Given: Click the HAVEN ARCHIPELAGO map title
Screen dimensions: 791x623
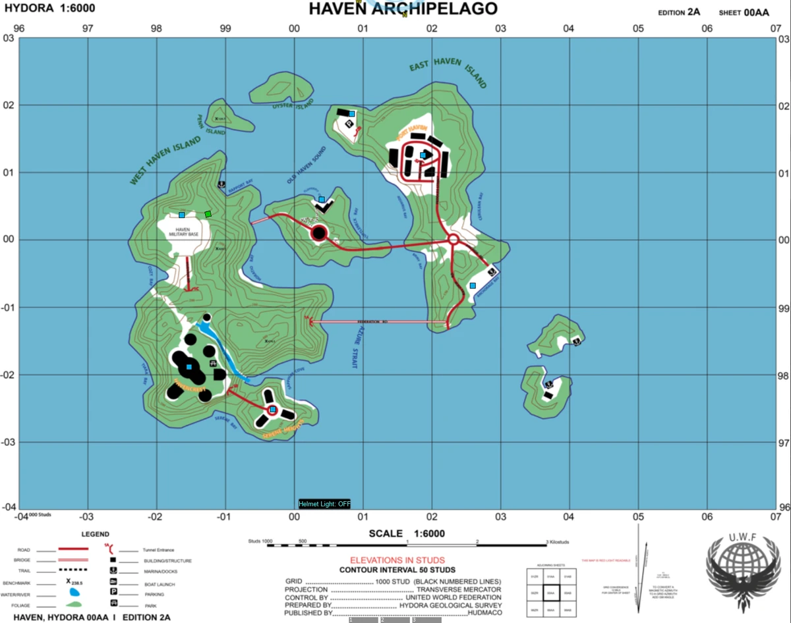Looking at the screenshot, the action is [x=403, y=9].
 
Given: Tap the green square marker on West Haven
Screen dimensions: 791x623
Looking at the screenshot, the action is [x=208, y=214].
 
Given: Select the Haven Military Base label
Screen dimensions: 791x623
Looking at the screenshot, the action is [x=183, y=232].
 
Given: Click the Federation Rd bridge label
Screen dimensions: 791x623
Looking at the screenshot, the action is [x=372, y=322].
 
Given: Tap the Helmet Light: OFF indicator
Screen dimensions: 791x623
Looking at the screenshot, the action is [x=324, y=504].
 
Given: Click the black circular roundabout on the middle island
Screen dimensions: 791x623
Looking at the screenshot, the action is [x=319, y=232].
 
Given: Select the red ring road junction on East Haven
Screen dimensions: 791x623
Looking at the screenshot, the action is [x=454, y=240].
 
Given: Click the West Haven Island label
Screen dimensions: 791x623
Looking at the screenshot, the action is [x=165, y=160].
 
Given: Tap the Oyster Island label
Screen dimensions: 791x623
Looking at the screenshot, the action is [x=293, y=105].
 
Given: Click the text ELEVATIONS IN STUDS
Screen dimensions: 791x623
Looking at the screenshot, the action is [x=397, y=560].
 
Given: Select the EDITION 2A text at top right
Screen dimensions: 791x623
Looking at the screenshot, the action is [x=678, y=12].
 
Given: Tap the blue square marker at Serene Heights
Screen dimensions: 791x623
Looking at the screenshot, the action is [x=272, y=410].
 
